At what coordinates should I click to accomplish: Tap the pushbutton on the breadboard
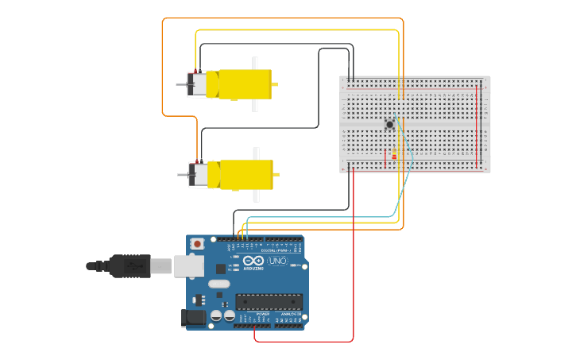pos(389,124)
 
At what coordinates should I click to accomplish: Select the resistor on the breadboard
pos(394,153)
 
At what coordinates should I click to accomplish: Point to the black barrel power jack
pos(194,317)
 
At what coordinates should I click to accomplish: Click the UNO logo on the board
pos(277,261)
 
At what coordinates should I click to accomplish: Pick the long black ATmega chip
pos(269,301)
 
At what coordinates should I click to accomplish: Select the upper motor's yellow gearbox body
pos(242,84)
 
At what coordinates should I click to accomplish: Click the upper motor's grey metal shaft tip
pos(180,83)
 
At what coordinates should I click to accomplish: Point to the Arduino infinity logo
pos(253,261)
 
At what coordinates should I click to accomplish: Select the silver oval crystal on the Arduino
pos(219,284)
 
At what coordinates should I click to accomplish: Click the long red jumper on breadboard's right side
pos(478,123)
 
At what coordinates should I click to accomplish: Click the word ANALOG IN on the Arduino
pos(290,315)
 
